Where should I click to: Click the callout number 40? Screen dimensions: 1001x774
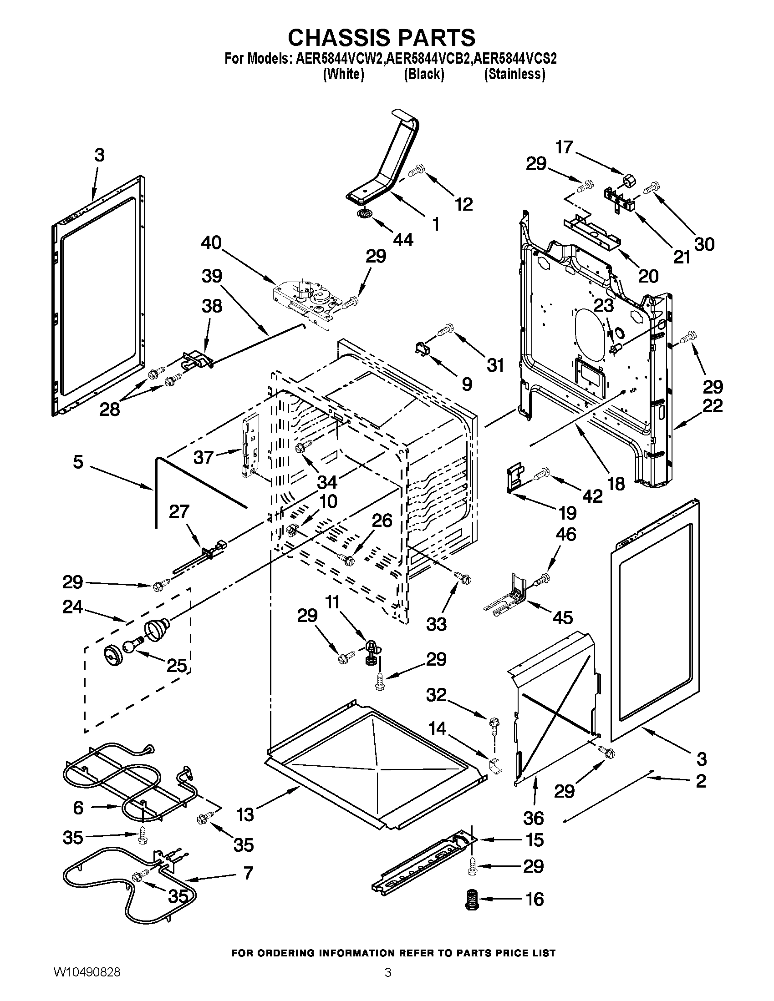pyautogui.click(x=211, y=243)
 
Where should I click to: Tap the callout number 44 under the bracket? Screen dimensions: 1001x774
pyautogui.click(x=403, y=239)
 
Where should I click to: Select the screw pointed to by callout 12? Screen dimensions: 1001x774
pyautogui.click(x=417, y=172)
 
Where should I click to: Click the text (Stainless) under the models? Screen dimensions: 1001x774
pyautogui.click(x=514, y=74)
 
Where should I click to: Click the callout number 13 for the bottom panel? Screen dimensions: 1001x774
pyautogui.click(x=245, y=815)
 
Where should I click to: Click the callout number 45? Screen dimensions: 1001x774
pyautogui.click(x=563, y=617)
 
